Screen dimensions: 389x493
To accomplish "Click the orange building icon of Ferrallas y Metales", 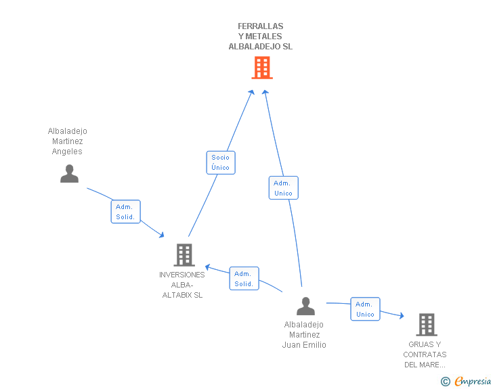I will [262, 68].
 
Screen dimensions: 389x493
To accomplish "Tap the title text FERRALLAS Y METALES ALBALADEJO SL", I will [261, 37].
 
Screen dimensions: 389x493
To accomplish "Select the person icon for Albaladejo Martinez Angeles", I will [69, 174].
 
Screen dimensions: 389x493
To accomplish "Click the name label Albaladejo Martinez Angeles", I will [68, 141].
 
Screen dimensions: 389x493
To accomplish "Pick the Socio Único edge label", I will [220, 162].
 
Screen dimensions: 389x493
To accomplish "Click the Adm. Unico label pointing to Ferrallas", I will [283, 188].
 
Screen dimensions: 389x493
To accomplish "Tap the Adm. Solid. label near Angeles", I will [125, 212].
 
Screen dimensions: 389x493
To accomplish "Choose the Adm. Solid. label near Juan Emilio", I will [244, 279].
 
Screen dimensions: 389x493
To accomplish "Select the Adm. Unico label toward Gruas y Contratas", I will [365, 309].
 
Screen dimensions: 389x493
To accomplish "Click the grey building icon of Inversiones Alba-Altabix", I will [184, 255].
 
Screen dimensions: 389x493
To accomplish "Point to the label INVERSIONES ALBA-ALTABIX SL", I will [181, 285].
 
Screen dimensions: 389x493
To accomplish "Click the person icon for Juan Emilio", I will [305, 306].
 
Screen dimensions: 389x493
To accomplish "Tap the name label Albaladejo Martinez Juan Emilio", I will [304, 335].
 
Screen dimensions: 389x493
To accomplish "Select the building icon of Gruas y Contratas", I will [426, 325].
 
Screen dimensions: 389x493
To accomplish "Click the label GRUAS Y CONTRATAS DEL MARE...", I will [425, 354].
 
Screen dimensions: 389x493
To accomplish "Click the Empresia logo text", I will [473, 381].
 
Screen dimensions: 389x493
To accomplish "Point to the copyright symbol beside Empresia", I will [445, 382].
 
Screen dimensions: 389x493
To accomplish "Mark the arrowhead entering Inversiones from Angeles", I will [162, 235].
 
